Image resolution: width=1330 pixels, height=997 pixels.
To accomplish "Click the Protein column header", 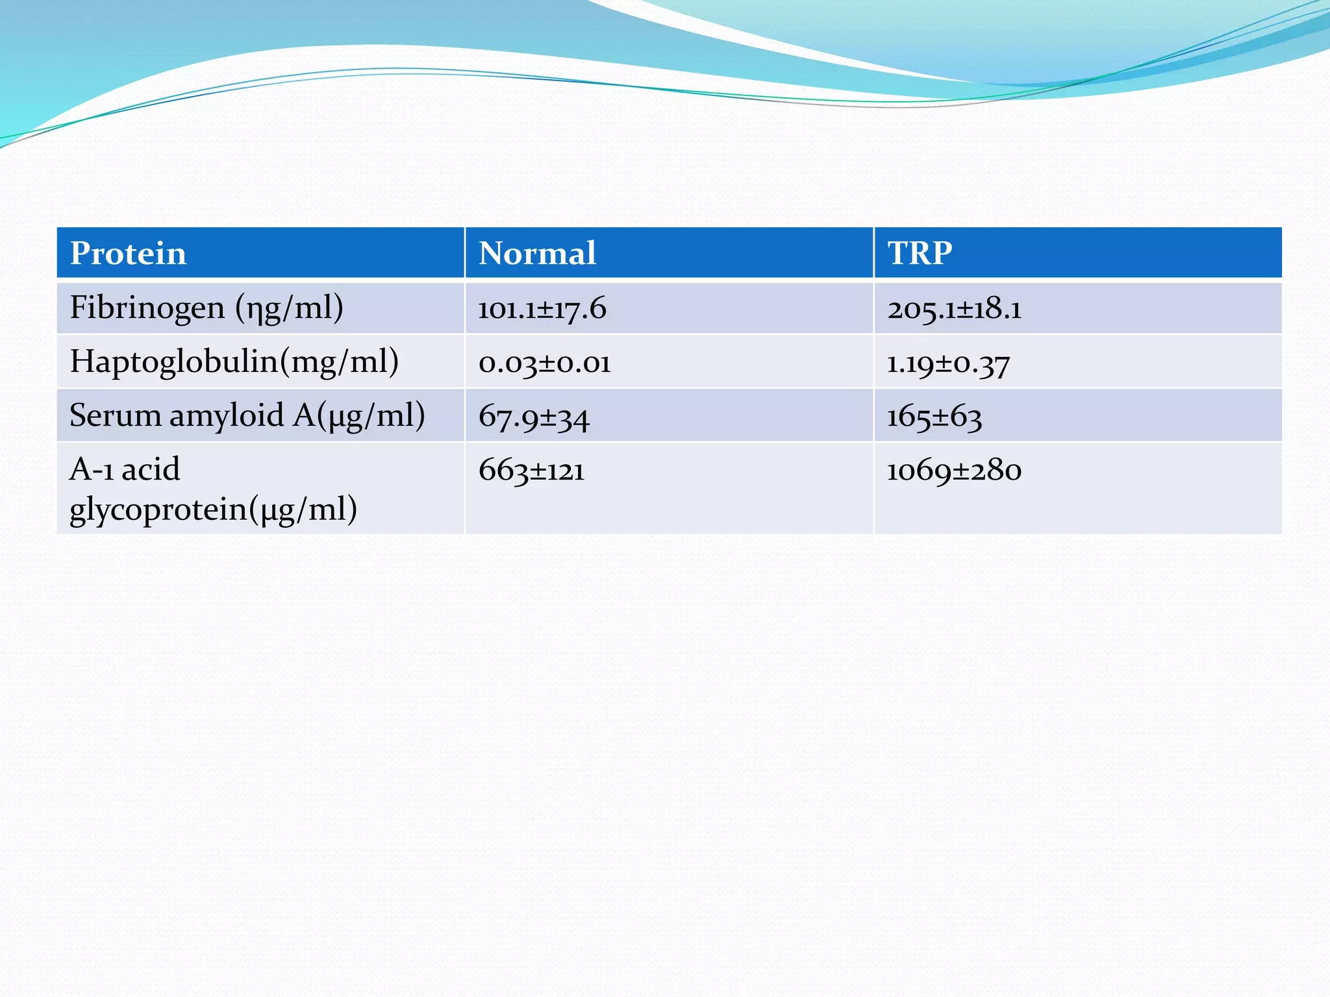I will [x=128, y=253].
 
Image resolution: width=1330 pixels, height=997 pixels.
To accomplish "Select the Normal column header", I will [x=537, y=253].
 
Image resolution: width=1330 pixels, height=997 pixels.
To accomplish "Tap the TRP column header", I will [x=920, y=253].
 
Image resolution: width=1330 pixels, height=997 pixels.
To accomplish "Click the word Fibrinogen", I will [x=147, y=308].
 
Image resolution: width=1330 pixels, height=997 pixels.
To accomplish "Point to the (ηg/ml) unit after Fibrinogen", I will [x=289, y=308].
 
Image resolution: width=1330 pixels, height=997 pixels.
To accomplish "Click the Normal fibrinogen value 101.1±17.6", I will [x=542, y=308].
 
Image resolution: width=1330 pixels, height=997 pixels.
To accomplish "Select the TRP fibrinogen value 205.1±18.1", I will [x=954, y=308].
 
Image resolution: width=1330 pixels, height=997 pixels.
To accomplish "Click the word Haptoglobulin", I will [x=174, y=362].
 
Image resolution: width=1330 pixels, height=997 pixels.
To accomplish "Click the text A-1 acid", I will [x=125, y=469].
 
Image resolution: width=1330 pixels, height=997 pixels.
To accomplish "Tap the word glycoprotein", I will [x=158, y=510].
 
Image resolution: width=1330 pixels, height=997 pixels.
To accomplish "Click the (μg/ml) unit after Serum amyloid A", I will [x=371, y=415].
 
